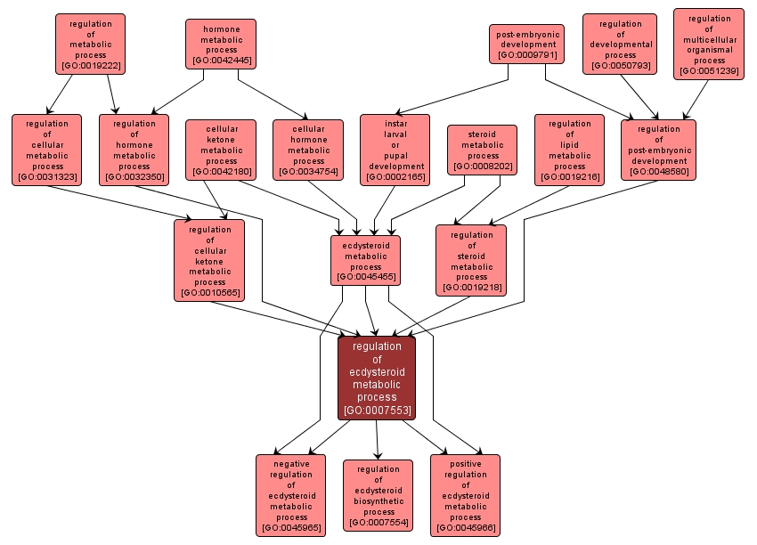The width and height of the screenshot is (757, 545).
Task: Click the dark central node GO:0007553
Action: click(376, 378)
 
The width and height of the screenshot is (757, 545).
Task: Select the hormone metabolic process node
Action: click(220, 44)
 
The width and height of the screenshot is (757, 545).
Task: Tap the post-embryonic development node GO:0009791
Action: click(527, 44)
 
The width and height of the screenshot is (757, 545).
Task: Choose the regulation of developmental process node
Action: click(620, 44)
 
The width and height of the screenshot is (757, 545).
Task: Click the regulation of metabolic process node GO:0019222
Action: click(90, 44)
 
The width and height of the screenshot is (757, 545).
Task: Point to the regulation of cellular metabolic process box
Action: click(47, 150)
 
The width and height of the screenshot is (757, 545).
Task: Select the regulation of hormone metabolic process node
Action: click(134, 150)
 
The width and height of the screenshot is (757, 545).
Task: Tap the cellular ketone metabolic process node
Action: click(222, 150)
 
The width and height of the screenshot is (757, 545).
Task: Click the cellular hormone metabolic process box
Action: click(308, 150)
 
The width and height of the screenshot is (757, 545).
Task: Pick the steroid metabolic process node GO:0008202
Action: click(483, 150)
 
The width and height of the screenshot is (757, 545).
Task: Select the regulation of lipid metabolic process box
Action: click(569, 150)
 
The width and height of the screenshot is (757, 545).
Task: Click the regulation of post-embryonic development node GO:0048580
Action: click(658, 150)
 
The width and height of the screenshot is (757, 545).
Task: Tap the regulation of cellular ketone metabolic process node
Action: click(209, 260)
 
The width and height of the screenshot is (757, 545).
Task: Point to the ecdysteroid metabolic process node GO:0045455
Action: click(365, 260)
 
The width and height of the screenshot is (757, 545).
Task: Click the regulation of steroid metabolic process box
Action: click(471, 260)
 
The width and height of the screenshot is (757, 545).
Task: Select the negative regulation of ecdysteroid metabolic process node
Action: click(291, 495)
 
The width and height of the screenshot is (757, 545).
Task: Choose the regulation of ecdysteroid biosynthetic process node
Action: click(378, 495)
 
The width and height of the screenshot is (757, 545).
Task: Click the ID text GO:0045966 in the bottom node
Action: click(465, 529)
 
